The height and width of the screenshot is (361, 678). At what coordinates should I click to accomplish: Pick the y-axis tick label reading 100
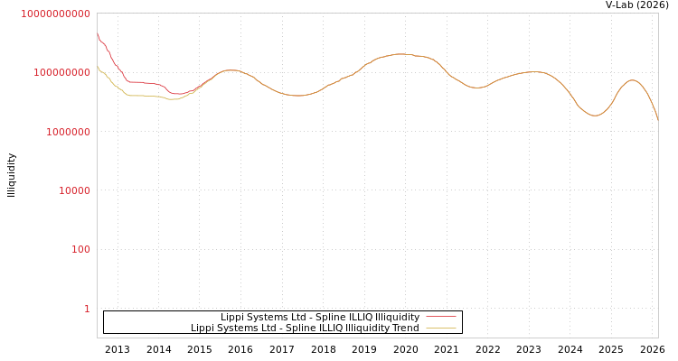click(79, 249)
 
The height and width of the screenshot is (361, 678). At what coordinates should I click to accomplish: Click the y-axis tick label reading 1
click(87, 309)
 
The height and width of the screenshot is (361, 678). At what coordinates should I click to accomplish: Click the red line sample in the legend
click(441, 317)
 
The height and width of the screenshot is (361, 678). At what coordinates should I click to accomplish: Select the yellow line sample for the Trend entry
click(441, 328)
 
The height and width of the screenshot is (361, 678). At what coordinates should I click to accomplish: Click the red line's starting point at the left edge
click(98, 35)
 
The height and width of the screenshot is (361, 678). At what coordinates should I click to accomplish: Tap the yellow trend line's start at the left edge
click(98, 68)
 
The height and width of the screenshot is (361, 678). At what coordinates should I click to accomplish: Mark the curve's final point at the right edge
click(657, 119)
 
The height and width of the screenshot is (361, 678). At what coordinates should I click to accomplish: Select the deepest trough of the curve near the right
click(594, 116)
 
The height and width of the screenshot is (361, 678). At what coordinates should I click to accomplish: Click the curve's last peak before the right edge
click(632, 80)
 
